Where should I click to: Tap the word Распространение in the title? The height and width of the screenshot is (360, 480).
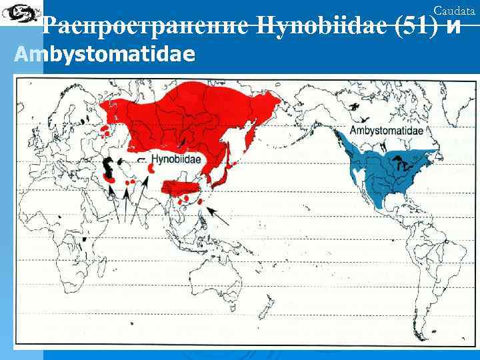coord(145,27)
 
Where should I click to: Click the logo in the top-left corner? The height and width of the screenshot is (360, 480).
coord(18,12)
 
